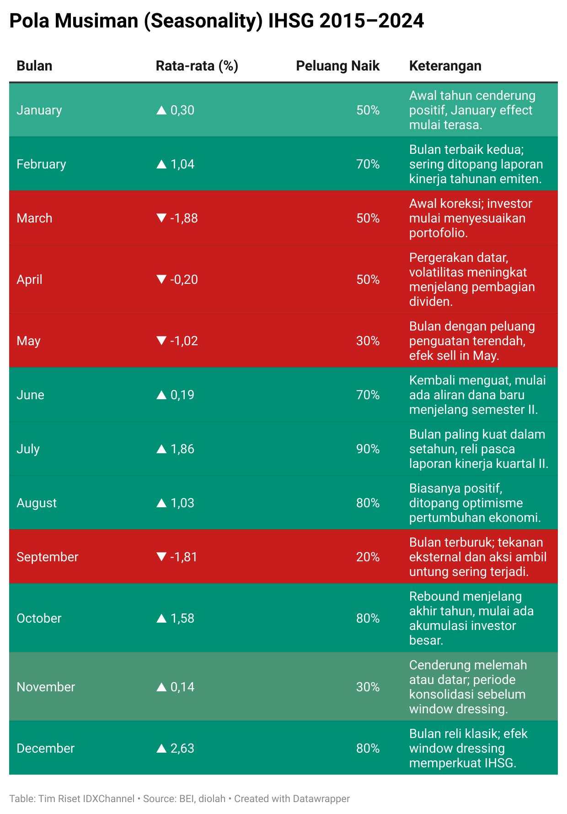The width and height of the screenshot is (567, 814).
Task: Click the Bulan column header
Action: point(34,66)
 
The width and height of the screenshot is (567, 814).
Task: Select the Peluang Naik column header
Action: point(337,66)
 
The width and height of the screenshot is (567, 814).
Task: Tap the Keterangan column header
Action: point(445,66)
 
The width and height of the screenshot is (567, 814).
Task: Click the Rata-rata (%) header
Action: point(197,66)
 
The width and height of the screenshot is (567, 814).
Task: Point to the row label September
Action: point(48,557)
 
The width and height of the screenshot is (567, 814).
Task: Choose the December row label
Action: point(45,748)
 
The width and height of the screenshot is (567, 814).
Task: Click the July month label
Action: point(28,449)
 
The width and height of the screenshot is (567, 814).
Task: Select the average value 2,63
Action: point(182,748)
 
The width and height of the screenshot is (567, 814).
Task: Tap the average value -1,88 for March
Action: point(184,218)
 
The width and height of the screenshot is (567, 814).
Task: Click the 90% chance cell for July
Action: point(368,449)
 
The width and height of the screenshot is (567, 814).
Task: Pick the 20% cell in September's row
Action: point(368,557)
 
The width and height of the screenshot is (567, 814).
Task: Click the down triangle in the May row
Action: point(161,340)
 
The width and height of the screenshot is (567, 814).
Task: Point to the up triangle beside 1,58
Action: point(161,618)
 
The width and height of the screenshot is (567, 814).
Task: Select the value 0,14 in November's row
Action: point(182,687)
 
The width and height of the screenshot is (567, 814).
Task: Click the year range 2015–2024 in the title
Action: point(371,21)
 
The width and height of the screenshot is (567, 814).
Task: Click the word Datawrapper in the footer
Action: point(321,799)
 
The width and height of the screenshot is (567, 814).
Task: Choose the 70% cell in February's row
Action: point(368,164)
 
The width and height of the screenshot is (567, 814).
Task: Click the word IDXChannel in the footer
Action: point(108,799)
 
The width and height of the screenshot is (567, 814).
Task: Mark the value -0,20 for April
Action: point(184,279)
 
